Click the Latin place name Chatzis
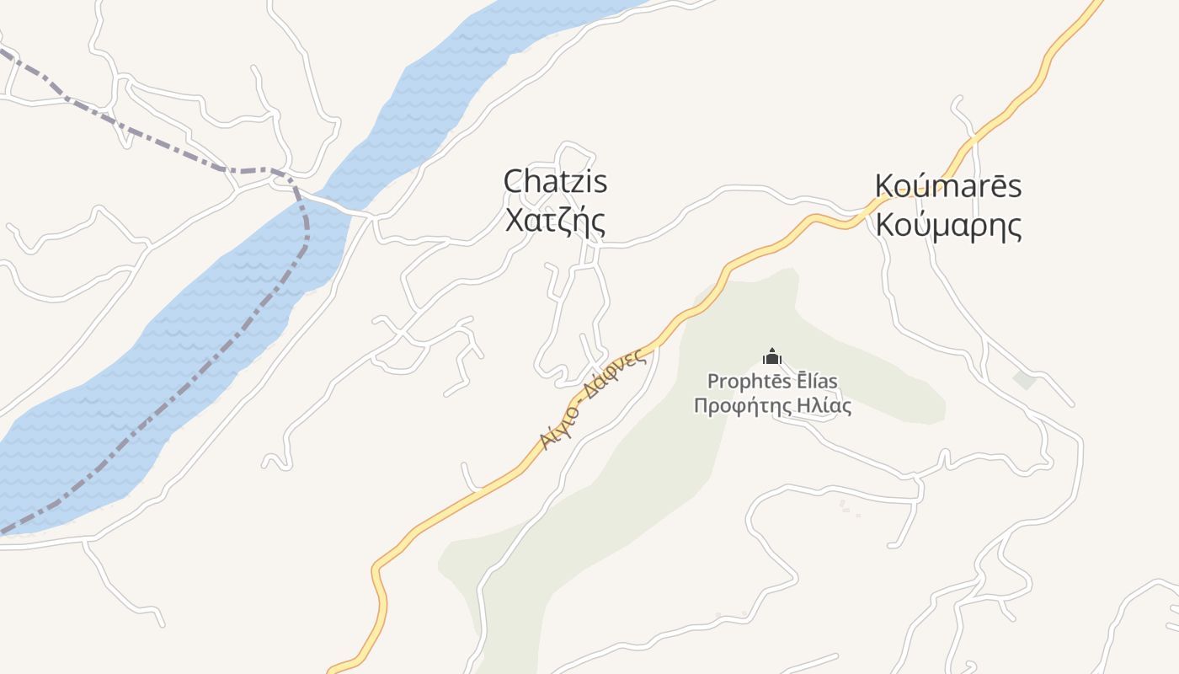(555, 181)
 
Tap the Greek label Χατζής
(555, 220)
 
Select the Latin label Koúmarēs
(948, 186)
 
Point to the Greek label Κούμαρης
(948, 225)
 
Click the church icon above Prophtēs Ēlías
(771, 357)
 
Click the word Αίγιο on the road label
(556, 430)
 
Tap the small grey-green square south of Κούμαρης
(1024, 380)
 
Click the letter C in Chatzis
(512, 181)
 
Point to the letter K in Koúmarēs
(884, 186)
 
